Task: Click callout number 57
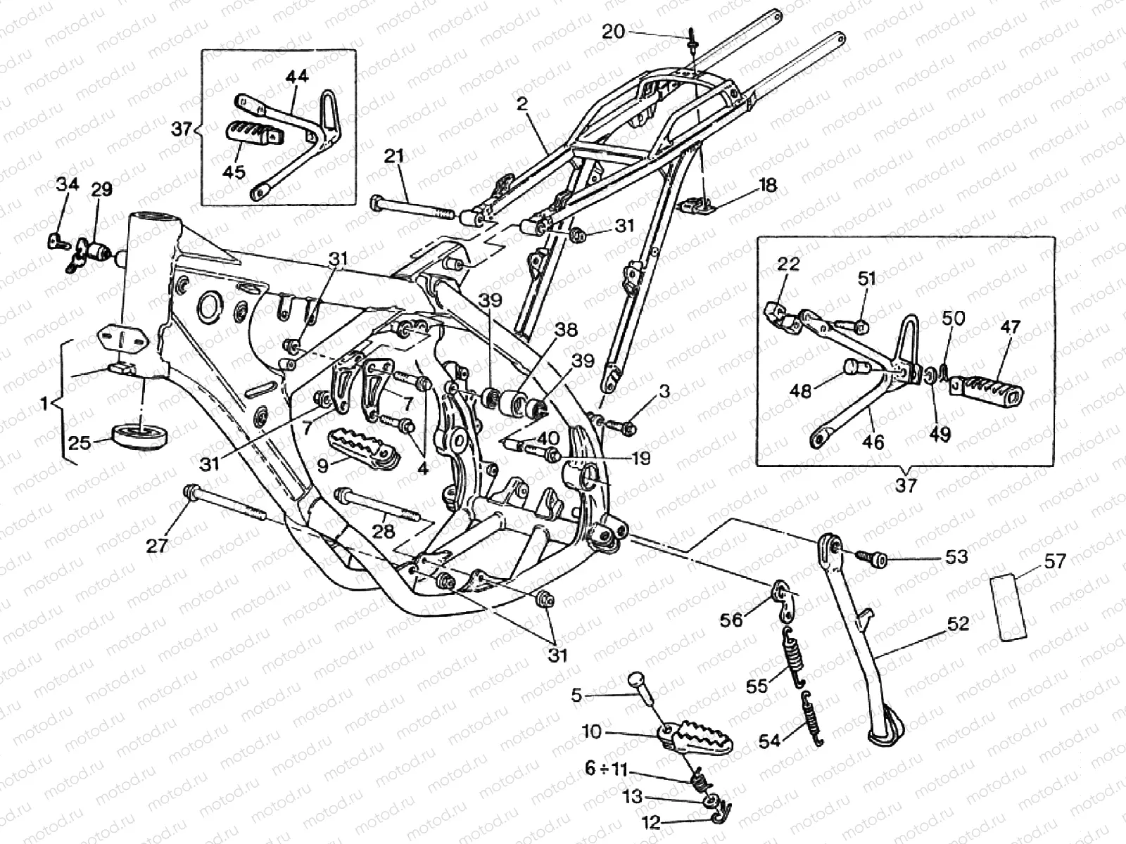[1055, 561]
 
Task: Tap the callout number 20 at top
[613, 32]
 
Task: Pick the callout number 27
[158, 545]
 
